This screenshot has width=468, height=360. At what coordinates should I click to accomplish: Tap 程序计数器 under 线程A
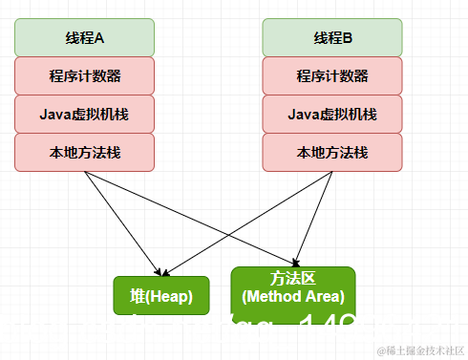click(x=84, y=75)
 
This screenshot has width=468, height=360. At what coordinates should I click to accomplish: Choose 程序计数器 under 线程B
click(x=332, y=75)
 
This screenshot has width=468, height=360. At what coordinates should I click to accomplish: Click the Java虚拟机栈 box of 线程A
click(x=84, y=115)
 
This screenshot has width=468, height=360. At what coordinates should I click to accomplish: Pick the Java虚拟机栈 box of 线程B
click(x=332, y=115)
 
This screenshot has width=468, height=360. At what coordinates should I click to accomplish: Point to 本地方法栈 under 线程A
click(x=84, y=153)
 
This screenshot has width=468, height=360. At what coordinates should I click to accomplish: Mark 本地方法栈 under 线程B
click(x=332, y=153)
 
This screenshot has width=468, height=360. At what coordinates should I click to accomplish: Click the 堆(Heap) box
click(x=154, y=296)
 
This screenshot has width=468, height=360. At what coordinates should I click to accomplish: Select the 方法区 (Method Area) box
click(x=293, y=288)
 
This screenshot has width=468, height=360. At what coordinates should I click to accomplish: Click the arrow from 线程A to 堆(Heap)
click(x=119, y=221)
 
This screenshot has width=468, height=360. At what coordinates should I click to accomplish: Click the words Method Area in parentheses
click(x=293, y=297)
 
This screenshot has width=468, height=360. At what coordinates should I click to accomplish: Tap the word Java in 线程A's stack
click(x=53, y=115)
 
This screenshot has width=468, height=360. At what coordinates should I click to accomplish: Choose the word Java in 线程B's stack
click(x=302, y=115)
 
